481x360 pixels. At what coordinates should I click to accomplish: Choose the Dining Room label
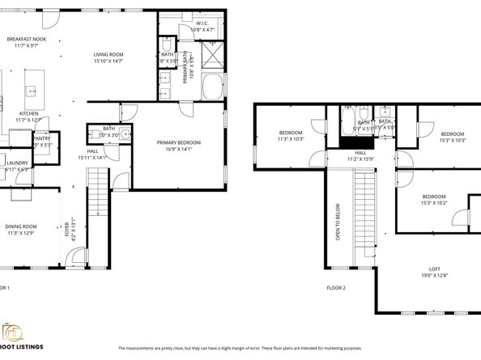pyautogui.click(x=21, y=229)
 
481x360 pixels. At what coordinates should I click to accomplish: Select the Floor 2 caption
pyautogui.click(x=336, y=288)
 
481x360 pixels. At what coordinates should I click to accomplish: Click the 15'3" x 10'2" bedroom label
pyautogui.click(x=433, y=200)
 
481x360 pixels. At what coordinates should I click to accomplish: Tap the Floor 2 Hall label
pyautogui.click(x=360, y=155)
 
